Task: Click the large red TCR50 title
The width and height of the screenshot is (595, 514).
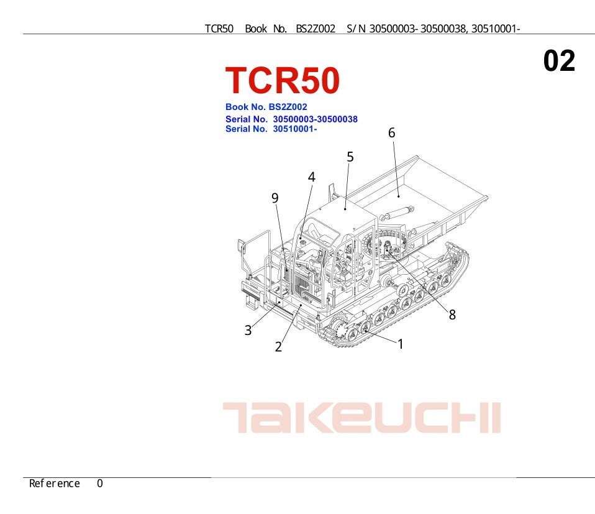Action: point(283,80)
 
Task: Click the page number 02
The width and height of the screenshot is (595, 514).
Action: point(559,61)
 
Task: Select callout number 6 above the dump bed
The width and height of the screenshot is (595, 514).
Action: point(392,133)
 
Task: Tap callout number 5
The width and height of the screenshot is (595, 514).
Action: point(350,157)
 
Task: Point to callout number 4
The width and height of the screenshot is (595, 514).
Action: point(312,177)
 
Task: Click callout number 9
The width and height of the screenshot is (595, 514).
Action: point(275,198)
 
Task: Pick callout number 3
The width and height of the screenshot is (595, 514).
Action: point(248,330)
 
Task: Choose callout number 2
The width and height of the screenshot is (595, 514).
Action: point(278,347)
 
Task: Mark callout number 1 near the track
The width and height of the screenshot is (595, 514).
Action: point(401,344)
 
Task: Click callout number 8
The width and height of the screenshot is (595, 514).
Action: point(452,314)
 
